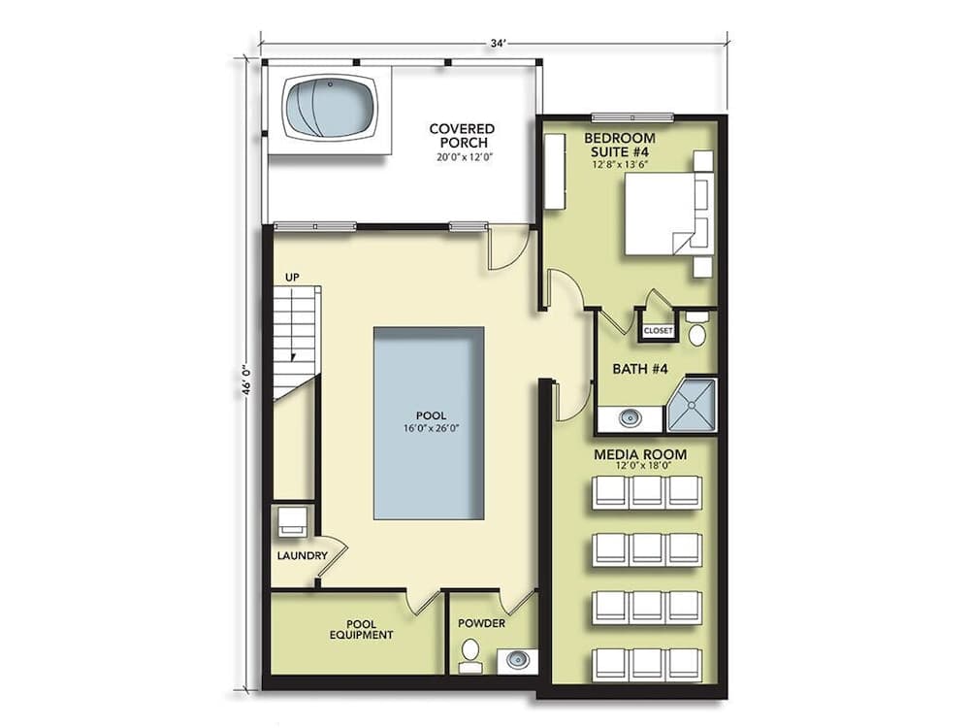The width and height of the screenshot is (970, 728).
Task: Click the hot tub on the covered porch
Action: point(330,106)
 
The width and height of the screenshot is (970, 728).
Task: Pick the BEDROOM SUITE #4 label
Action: point(620,145)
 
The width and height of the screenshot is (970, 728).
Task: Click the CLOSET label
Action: point(658,331)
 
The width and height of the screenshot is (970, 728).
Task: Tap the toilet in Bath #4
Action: point(696,329)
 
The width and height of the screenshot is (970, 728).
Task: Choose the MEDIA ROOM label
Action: point(639,454)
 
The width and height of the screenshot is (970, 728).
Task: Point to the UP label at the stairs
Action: point(291,279)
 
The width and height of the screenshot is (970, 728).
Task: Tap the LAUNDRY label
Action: point(302,556)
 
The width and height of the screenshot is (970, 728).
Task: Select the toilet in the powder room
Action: point(470,655)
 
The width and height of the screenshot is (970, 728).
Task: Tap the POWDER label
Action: point(481,623)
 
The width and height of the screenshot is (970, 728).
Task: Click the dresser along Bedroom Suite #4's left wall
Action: point(554,171)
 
